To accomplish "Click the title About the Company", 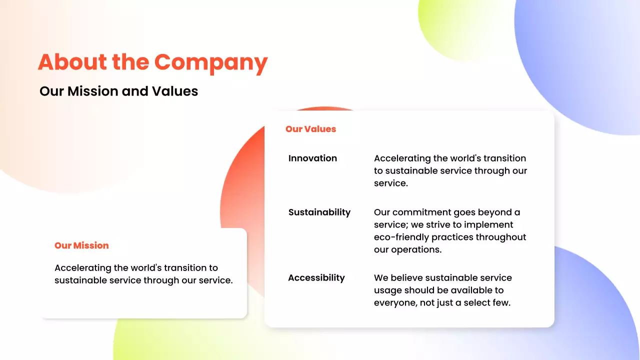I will coord(152,62).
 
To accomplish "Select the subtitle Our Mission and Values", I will coord(118,91).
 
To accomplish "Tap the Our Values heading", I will coord(310,129).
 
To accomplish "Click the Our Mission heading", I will coord(81,245).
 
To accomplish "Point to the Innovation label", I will coord(312,158).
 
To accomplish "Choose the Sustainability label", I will coord(319,212).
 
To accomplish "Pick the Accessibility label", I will coord(316,278).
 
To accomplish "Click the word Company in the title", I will coord(210,62).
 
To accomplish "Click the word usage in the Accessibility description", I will coord(390,290).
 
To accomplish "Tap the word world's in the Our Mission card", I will coord(145,268).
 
